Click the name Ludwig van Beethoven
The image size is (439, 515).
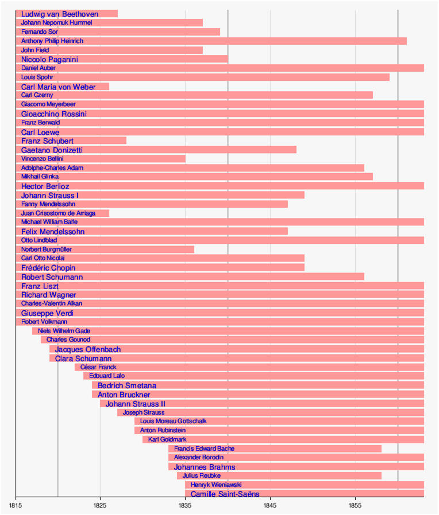(59, 14)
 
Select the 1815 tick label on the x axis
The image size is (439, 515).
(16, 505)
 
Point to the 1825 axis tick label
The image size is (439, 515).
(101, 505)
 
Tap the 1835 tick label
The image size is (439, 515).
(186, 505)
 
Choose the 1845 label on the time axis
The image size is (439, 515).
(271, 505)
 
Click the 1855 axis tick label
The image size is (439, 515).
(356, 505)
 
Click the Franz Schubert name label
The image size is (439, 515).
(47, 141)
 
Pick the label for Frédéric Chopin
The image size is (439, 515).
(48, 268)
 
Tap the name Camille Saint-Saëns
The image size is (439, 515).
(225, 494)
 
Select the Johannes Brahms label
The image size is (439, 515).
(205, 467)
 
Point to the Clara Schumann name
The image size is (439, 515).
(83, 358)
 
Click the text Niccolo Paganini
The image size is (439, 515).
(49, 59)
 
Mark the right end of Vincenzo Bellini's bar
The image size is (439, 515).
(186, 158)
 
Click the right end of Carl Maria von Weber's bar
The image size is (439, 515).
(109, 87)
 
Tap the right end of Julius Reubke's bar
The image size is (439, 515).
(382, 475)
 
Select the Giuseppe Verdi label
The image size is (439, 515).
(47, 313)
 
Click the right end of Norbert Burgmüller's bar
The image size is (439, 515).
(194, 249)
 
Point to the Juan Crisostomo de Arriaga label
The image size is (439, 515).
(57, 213)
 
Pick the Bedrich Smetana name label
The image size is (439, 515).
(127, 385)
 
